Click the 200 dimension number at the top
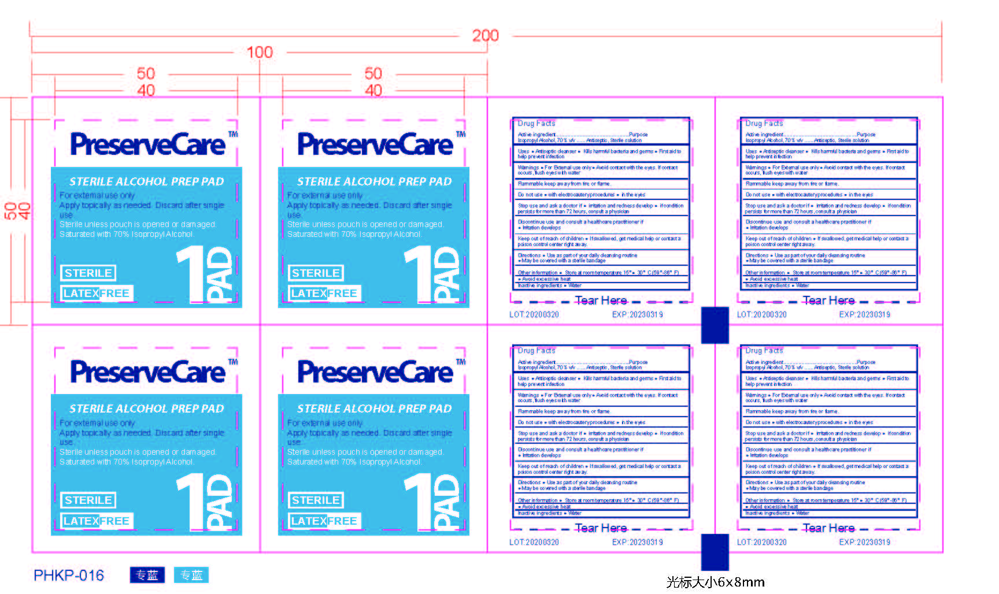485,36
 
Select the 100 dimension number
260,53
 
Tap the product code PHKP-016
69,576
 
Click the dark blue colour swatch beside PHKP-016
147,575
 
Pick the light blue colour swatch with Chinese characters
191,575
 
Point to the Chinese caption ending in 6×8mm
715,582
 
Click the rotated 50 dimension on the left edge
10,211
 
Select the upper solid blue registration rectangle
715,325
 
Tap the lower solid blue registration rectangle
715,552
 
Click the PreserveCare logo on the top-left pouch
147,144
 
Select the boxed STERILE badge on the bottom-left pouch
88,500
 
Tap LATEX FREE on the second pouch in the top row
324,294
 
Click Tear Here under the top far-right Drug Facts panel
828,300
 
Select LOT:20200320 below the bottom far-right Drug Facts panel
761,543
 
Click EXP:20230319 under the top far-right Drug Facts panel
864,315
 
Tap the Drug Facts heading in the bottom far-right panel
764,351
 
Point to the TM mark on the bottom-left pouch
233,362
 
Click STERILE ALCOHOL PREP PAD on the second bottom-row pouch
374,409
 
